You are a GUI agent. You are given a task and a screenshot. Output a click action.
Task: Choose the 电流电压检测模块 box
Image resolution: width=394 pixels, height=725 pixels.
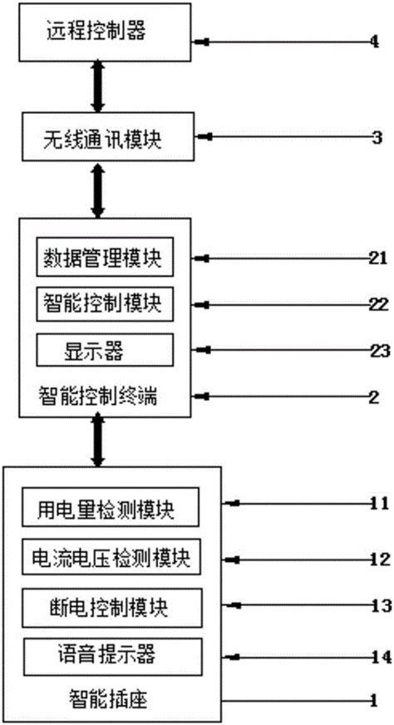(x=111, y=556)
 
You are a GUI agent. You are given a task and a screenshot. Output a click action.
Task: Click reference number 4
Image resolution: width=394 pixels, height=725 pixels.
(x=375, y=40)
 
